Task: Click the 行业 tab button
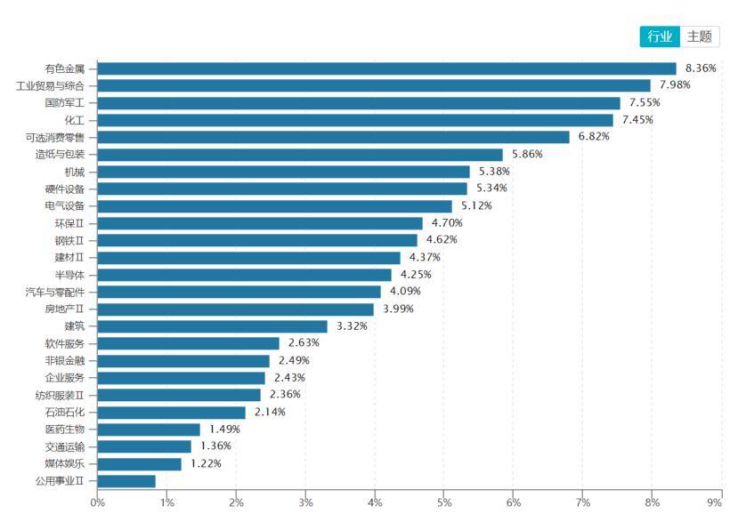tap(660, 36)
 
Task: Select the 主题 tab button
tap(700, 36)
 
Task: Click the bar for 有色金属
tap(386, 68)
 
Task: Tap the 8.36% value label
tap(701, 68)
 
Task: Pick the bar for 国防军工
tap(359, 103)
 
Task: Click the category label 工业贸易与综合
tap(51, 85)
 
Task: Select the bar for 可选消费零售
tap(333, 137)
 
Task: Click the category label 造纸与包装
tap(65, 154)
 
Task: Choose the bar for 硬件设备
tap(282, 189)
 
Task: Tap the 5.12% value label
tap(476, 205)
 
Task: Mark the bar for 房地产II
tap(235, 309)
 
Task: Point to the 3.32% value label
tap(352, 325)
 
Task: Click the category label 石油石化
tap(65, 412)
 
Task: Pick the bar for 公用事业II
tap(126, 480)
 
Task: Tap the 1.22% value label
tap(206, 463)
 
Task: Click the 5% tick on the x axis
tap(443, 502)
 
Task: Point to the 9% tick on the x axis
tap(715, 502)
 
